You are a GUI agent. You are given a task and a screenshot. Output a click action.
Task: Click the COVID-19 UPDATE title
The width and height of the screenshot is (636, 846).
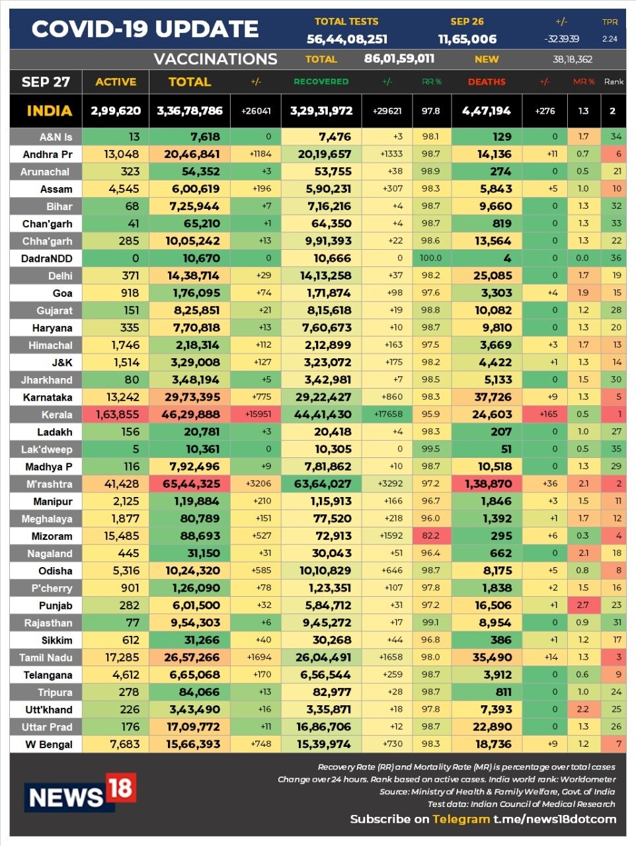145,29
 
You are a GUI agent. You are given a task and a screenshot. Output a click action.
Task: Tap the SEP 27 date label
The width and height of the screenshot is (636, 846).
46,82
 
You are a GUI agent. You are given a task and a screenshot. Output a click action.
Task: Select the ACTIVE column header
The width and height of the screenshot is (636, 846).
116,82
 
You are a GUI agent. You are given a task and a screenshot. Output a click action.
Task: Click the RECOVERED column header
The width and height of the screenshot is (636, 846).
321,82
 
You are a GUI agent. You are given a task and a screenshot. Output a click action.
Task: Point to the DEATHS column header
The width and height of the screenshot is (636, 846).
487,82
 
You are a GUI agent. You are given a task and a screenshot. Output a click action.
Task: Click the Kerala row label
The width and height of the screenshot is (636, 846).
57,415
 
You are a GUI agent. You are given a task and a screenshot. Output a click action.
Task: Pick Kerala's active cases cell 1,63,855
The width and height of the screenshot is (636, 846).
117,414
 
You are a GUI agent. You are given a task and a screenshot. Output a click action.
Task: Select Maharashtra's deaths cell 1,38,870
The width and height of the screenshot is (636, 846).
488,484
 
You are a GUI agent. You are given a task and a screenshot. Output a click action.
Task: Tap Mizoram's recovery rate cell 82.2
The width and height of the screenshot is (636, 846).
430,536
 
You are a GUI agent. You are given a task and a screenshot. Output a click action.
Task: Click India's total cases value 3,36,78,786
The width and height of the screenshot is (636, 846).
190,111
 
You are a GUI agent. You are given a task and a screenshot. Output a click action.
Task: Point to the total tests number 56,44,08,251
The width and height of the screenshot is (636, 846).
347,40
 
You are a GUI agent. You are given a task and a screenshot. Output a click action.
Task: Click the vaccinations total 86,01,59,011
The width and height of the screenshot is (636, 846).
399,59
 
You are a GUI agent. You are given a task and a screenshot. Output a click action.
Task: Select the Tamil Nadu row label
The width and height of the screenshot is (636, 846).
46,658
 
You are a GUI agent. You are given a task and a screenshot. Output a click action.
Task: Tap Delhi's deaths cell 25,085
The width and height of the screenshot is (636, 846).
493,276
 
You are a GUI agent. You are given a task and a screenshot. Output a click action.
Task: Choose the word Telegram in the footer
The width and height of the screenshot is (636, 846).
461,819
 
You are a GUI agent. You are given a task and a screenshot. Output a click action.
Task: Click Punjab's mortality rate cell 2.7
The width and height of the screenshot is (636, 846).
582,605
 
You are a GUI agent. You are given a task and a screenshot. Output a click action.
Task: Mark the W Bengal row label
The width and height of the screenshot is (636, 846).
49,744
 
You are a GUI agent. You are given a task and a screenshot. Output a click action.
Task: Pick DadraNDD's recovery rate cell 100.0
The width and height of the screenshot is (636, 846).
430,258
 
